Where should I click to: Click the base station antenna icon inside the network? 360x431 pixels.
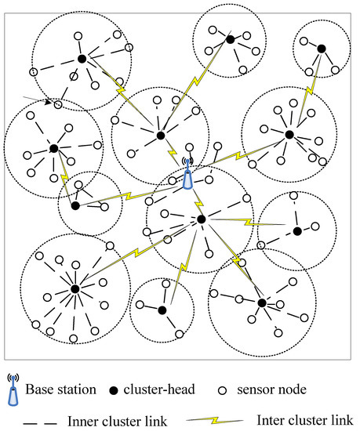pyautogui.click(x=187, y=176)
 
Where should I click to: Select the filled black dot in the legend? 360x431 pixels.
pyautogui.click(x=116, y=390)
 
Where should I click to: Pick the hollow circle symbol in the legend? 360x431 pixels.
pyautogui.click(x=221, y=390)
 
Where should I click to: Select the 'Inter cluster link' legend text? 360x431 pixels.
pyautogui.click(x=304, y=421)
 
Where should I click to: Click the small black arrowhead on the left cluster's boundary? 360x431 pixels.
pyautogui.click(x=48, y=102)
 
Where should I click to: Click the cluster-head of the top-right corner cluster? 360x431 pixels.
pyautogui.click(x=321, y=49)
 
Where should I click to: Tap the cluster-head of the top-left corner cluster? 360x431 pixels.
pyautogui.click(x=82, y=59)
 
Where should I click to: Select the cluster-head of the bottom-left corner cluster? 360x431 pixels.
pyautogui.click(x=75, y=289)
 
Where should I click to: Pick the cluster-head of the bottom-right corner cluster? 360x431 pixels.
pyautogui.click(x=261, y=302)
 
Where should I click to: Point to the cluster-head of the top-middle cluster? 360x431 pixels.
pyautogui.click(x=230, y=39)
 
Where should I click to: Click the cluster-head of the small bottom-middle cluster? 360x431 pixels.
pyautogui.click(x=162, y=310)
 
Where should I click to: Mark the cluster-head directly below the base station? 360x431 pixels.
pyautogui.click(x=201, y=219)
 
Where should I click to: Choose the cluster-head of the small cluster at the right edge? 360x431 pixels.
pyautogui.click(x=296, y=231)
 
